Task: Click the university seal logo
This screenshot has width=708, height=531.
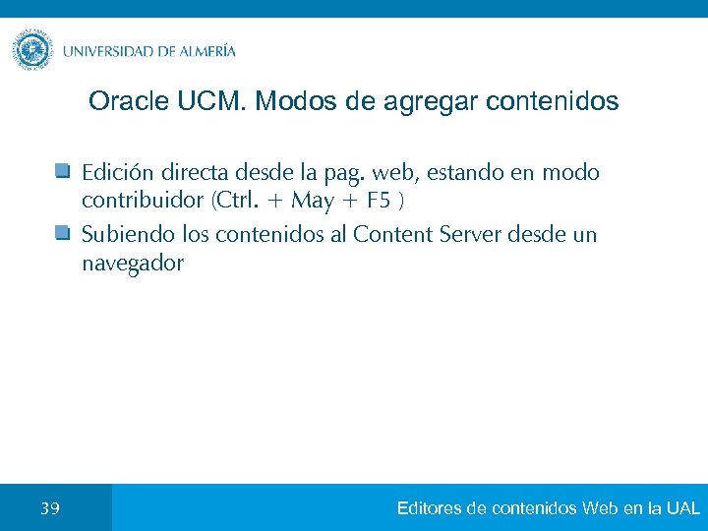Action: point(32,49)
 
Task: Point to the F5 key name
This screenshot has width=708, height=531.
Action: point(378,203)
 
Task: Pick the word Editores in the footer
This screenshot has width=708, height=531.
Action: point(430,508)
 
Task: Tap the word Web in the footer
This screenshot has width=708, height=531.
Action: point(599,508)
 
